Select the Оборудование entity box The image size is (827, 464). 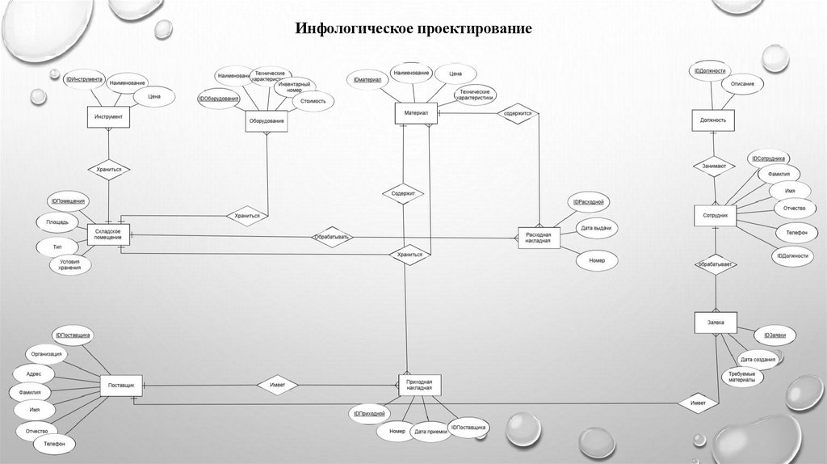pos(267,121)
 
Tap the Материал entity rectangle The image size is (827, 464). pos(416,113)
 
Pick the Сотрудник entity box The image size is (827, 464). pos(716,216)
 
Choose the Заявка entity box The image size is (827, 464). pos(716,323)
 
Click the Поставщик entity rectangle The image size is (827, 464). pos(121,385)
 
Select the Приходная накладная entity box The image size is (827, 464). pos(419,385)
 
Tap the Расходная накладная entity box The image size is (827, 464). pos(538,238)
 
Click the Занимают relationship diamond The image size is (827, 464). pos(714,167)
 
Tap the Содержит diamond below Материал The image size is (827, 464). pos(403,194)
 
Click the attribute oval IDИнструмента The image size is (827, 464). pos(84,79)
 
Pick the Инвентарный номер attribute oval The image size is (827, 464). pos(294,86)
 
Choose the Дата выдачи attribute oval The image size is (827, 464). pos(596,229)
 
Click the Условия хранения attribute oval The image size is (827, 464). pos(69,264)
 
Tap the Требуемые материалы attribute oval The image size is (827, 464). pos(741,377)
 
